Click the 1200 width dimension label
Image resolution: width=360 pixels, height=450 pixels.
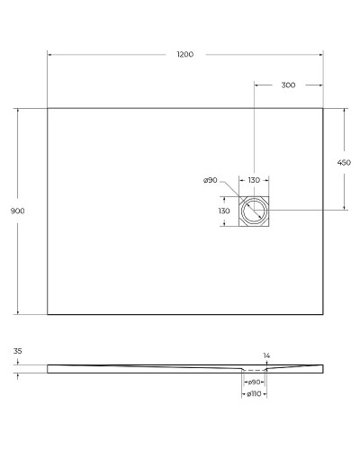184,55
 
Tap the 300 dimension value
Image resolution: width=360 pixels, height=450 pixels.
288,85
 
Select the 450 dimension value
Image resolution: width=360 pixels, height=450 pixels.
343,163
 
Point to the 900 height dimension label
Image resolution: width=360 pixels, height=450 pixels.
17,211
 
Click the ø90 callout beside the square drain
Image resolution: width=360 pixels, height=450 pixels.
211,181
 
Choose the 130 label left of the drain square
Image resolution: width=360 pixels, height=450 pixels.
225,211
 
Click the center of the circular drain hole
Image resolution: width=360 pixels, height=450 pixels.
255,211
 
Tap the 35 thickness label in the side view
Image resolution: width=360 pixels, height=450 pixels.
18,351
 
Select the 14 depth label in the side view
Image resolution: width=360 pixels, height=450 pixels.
266,356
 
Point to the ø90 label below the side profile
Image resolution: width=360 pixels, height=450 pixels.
255,382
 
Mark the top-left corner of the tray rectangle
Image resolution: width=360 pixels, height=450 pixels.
47,108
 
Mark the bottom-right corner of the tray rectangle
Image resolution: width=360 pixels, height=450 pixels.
323,314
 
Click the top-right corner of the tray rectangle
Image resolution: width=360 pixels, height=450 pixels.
323,108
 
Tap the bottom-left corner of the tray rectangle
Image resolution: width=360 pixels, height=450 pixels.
47,314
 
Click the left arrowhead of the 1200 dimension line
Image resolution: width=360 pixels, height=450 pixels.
49,55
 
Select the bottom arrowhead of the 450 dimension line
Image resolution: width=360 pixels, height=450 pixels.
343,209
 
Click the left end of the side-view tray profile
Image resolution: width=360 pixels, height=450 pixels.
48,367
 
